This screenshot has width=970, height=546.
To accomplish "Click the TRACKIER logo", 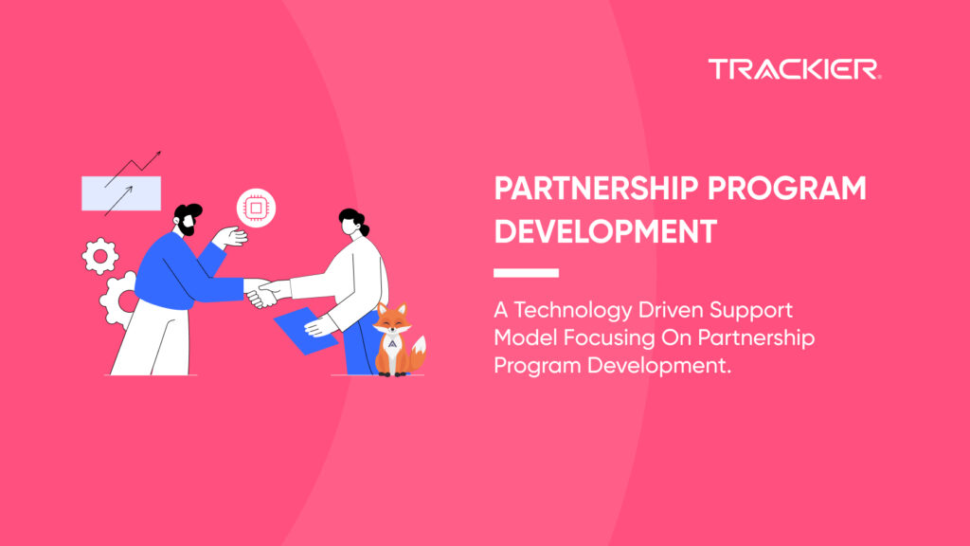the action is pyautogui.click(x=795, y=69).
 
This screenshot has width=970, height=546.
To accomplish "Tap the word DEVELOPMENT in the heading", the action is pyautogui.click(x=605, y=232).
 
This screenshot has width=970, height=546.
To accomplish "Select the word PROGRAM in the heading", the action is pyautogui.click(x=787, y=189).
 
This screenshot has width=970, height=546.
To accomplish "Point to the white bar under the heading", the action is pyautogui.click(x=526, y=273).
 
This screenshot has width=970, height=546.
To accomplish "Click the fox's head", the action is pyautogui.click(x=392, y=319).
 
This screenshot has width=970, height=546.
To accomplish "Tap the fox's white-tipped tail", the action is pyautogui.click(x=419, y=353).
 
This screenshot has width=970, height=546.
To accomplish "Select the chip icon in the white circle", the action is pyautogui.click(x=256, y=208).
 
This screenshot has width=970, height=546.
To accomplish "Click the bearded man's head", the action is pyautogui.click(x=188, y=219).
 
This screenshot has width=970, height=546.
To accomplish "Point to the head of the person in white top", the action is pyautogui.click(x=353, y=223).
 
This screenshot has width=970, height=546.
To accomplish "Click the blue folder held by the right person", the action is pyautogui.click(x=305, y=331).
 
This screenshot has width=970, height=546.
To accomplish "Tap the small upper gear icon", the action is pyautogui.click(x=100, y=256).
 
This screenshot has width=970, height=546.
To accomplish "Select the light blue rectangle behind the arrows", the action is pyautogui.click(x=121, y=193).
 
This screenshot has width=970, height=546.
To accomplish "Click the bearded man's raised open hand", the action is pyautogui.click(x=230, y=237).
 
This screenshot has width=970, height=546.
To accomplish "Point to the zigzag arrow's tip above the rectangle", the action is pyautogui.click(x=161, y=151).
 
